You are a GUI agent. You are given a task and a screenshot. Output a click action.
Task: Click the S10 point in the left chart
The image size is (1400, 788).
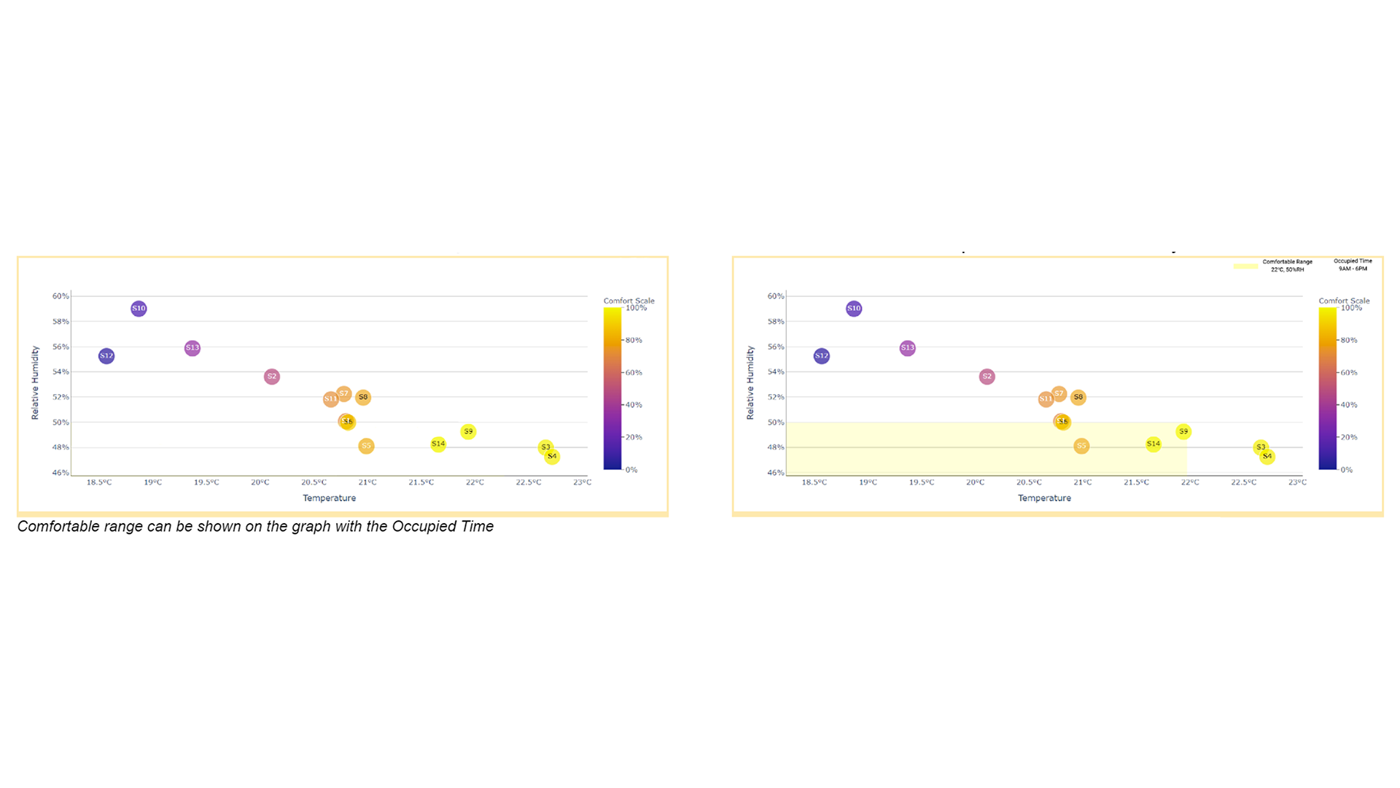(x=139, y=309)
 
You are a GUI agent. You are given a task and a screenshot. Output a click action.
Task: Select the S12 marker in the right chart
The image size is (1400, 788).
(x=822, y=356)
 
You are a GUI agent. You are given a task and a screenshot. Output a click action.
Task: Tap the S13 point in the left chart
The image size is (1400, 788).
(x=192, y=348)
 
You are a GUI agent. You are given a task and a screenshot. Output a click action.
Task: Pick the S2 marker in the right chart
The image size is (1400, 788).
(x=987, y=376)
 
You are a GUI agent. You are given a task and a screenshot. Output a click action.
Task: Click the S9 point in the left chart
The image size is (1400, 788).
(x=468, y=432)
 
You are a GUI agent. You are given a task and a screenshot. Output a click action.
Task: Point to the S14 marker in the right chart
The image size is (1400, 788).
(x=1153, y=444)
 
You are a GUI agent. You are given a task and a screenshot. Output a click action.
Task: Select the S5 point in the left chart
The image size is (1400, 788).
(x=366, y=446)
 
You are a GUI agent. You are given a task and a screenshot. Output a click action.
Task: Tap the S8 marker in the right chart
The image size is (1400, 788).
(x=1078, y=398)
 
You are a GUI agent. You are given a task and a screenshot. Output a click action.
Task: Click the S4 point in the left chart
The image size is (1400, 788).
(x=552, y=457)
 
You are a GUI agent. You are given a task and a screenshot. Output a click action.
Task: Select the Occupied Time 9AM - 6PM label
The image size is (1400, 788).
(x=1353, y=265)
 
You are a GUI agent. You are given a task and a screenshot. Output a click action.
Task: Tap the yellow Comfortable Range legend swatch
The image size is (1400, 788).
(x=1245, y=266)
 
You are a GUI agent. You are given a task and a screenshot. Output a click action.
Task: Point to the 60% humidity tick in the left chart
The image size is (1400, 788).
(x=61, y=296)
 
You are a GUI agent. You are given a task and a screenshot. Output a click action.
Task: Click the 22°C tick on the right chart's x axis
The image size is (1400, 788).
(x=1190, y=482)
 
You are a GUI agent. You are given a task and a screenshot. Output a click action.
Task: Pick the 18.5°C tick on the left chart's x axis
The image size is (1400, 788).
(x=99, y=482)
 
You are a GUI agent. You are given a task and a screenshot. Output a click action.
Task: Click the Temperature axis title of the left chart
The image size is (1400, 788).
(x=330, y=498)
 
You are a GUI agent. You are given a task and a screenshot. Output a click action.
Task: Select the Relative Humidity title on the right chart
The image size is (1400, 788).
(x=750, y=383)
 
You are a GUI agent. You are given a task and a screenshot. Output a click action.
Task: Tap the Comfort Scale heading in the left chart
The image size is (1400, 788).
(x=629, y=301)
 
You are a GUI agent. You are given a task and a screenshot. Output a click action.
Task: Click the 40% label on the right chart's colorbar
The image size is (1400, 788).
(x=1348, y=405)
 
